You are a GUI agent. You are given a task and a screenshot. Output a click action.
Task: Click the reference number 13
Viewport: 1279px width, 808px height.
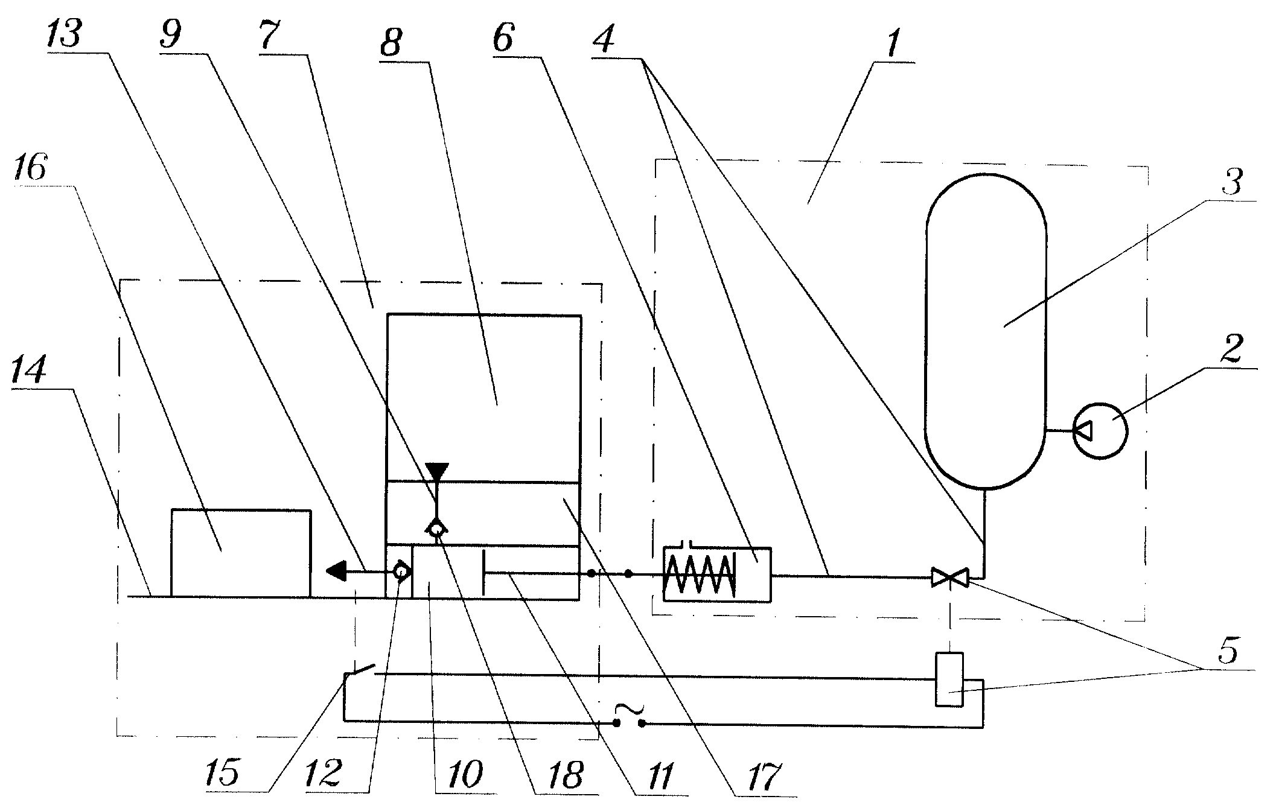(63, 34)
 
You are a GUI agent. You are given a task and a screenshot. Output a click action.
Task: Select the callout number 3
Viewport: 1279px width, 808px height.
(1231, 182)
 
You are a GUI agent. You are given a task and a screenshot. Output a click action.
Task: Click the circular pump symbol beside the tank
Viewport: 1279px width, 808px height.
(1100, 430)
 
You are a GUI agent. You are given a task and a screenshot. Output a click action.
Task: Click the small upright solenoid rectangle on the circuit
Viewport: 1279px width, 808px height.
(949, 679)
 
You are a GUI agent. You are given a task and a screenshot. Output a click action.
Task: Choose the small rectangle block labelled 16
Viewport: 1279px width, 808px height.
(241, 553)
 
